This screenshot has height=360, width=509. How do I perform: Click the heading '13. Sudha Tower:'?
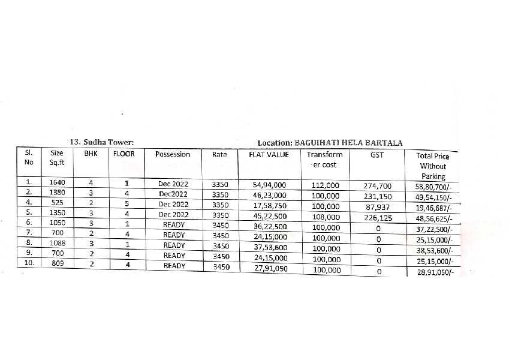101,142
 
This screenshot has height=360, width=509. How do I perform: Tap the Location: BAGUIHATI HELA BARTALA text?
330,143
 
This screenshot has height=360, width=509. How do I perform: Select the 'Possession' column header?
173,154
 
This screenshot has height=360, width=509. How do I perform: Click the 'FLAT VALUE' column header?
269,155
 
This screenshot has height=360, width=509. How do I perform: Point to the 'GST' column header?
377,155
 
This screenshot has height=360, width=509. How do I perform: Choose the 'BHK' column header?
91,154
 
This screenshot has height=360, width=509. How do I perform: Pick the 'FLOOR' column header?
124,154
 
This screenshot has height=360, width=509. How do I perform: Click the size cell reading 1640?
57,182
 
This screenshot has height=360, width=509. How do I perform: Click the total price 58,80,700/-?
433,187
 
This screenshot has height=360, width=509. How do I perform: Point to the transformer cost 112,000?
326,185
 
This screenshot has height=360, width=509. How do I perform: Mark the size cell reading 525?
57,203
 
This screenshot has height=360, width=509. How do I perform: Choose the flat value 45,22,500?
270,217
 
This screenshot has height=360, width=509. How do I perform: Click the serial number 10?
29,263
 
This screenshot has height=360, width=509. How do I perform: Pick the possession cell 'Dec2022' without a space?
173,194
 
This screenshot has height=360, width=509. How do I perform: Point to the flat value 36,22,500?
270,227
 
